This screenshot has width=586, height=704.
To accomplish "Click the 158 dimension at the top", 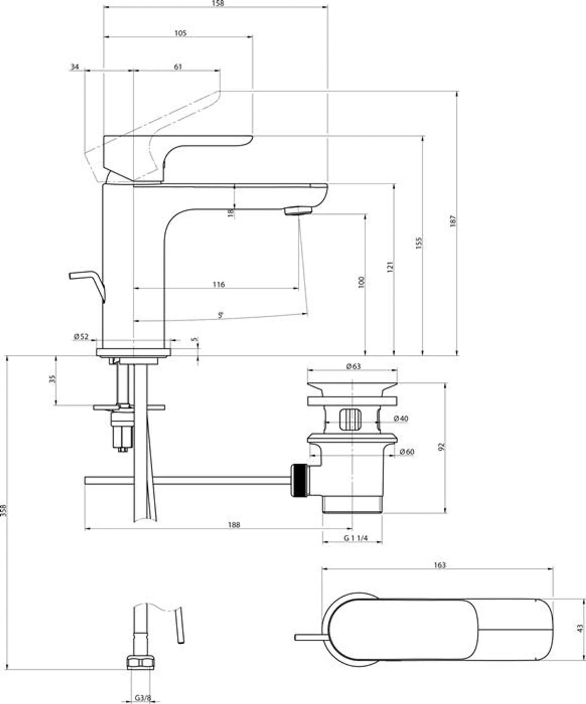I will pyautogui.click(x=218, y=3).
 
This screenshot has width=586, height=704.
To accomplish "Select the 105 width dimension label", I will pyautogui.click(x=180, y=33).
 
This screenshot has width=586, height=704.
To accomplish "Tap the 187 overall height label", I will pyautogui.click(x=453, y=221).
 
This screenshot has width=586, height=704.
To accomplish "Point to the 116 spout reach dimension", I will pyautogui.click(x=219, y=285).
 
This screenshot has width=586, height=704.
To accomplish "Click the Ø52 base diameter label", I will pyautogui.click(x=81, y=337).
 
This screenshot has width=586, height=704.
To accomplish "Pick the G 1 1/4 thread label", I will pyautogui.click(x=355, y=538).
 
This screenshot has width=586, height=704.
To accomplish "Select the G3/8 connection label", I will pyautogui.click(x=143, y=698).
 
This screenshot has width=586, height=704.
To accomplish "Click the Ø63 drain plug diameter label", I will pyautogui.click(x=353, y=367).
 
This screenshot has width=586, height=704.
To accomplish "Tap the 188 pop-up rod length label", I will pyautogui.click(x=234, y=525).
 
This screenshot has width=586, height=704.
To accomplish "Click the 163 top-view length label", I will pyautogui.click(x=439, y=565).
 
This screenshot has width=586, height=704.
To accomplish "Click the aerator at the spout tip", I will pyautogui.click(x=298, y=211).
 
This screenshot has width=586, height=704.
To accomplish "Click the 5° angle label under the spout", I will pyautogui.click(x=220, y=315).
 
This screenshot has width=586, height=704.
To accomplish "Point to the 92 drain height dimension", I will pyautogui.click(x=442, y=446).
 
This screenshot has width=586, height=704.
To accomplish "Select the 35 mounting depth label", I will pyautogui.click(x=52, y=379).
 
